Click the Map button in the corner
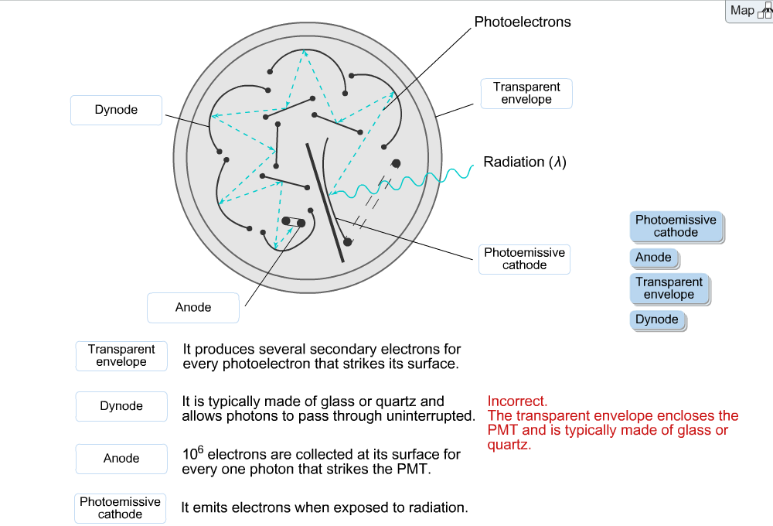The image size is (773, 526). point(749,11)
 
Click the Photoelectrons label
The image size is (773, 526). point(522,22)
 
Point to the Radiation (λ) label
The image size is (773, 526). point(525,162)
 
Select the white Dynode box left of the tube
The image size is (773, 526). point(117,110)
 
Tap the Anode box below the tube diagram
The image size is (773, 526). point(193,308)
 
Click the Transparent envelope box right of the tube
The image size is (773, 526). point(526,94)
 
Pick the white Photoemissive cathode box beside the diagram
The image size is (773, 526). point(525,259)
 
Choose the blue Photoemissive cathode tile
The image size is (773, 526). point(676,227)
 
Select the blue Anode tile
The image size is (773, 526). point(654,258)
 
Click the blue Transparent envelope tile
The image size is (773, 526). point(669,289)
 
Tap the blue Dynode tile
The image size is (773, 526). point(657,319)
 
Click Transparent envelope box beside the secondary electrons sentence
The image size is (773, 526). point(121,356)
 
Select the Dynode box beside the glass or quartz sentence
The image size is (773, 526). point(121,406)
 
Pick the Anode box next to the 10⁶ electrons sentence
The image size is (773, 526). point(121,459)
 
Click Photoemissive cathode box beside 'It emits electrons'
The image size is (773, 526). point(121,508)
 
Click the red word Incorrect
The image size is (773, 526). point(517,401)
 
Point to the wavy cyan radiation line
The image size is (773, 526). point(402,183)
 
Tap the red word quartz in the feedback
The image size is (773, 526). point(509,445)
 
